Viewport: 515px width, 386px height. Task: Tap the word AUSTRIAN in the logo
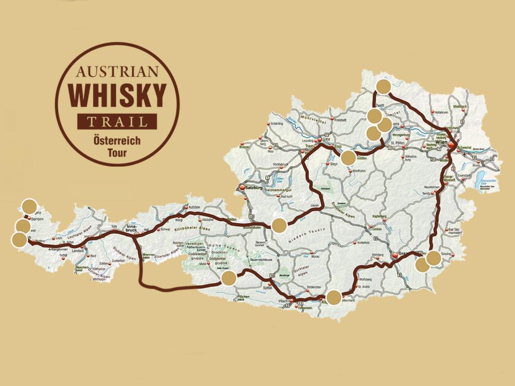point(117,71)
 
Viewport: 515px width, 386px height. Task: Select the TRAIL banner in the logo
point(117,122)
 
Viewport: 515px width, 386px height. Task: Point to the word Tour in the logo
point(117,153)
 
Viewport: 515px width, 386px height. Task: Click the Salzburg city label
point(252,188)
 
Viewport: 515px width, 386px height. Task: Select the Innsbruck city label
point(133,225)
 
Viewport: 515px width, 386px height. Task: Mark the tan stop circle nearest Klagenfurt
point(334,297)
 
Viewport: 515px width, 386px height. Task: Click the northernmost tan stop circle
point(383,86)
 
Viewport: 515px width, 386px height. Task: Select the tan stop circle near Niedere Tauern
point(279,225)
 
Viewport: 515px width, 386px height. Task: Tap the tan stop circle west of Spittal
point(229,278)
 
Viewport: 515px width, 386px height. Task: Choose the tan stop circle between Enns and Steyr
point(348,158)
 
